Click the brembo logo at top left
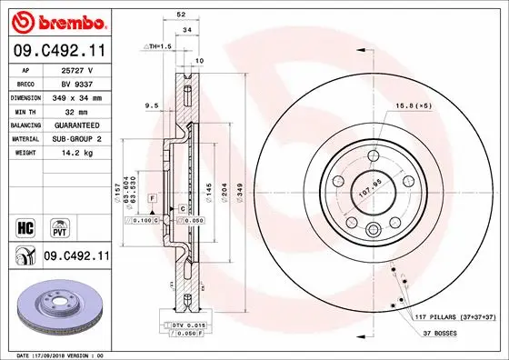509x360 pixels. (56, 20)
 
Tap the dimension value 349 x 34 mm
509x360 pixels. (76, 95)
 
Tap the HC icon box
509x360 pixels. (25, 225)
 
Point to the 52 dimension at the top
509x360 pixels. (182, 15)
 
